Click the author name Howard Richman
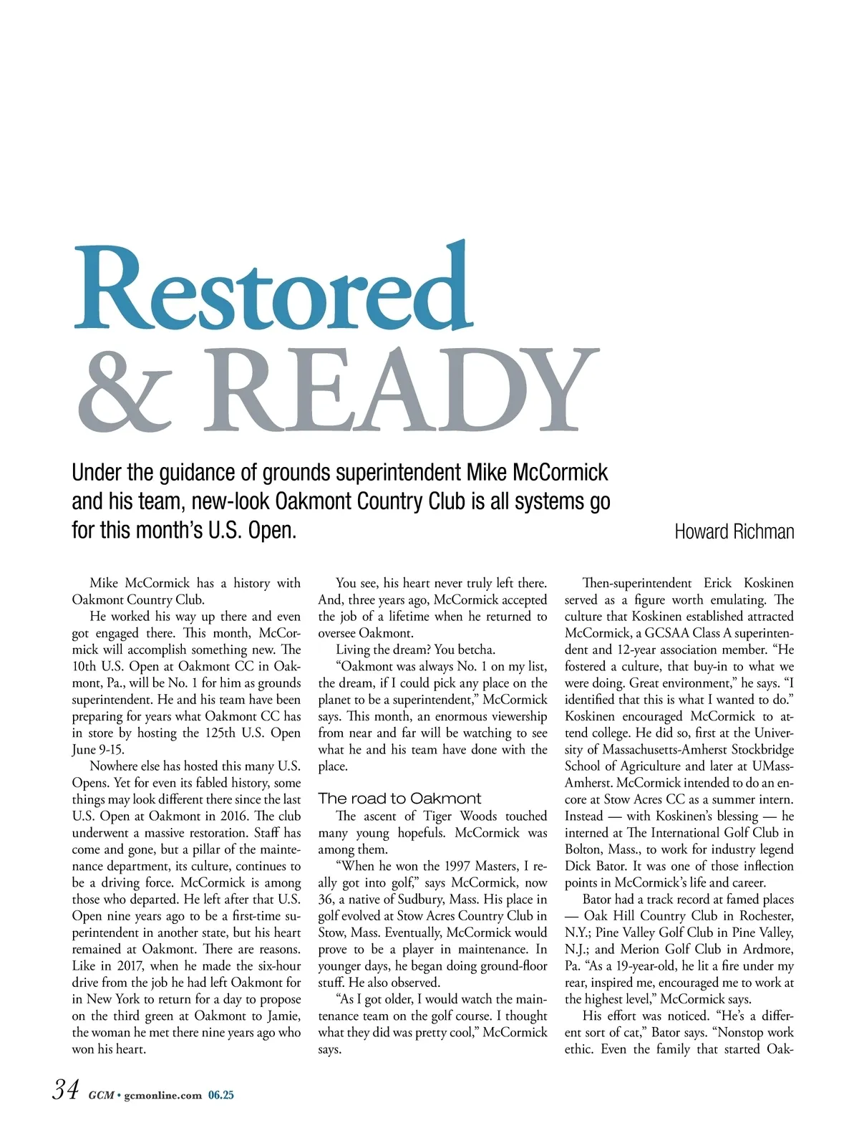click(x=734, y=531)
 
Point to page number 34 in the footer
click(x=65, y=1090)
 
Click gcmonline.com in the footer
click(x=162, y=1095)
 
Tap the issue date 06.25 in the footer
click(x=221, y=1095)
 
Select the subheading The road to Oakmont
click(x=399, y=799)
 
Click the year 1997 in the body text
click(x=457, y=866)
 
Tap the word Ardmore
click(x=768, y=950)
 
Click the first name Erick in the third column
click(x=717, y=583)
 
